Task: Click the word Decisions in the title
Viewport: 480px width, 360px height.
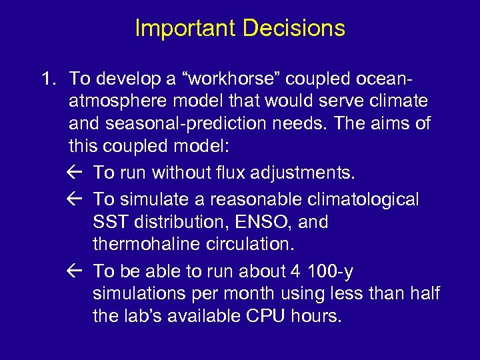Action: click(294, 29)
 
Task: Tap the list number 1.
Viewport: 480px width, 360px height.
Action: click(47, 79)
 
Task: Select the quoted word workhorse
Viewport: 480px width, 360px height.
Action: click(231, 79)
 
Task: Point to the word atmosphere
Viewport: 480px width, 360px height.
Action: click(117, 101)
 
